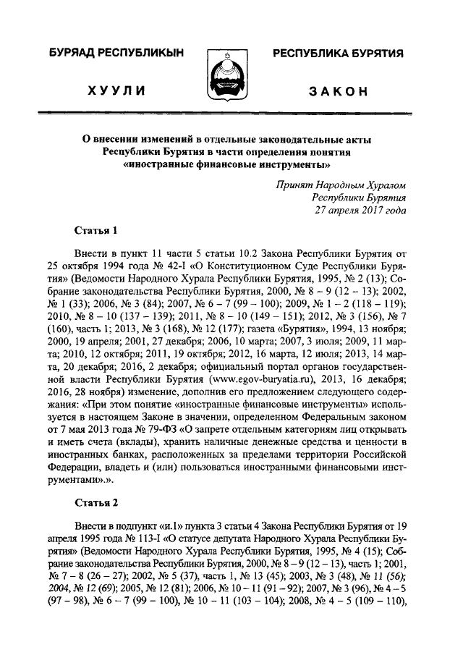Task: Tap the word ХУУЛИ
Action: (x=116, y=91)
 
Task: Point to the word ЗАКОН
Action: (x=337, y=91)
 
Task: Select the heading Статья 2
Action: (x=95, y=502)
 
